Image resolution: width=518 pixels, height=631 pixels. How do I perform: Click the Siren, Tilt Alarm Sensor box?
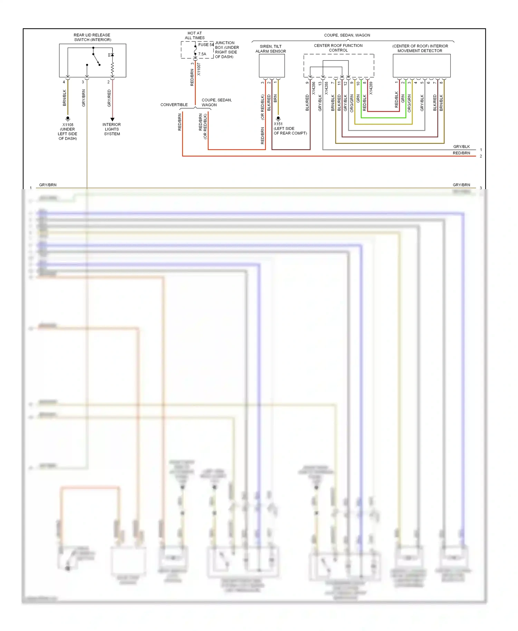point(272,66)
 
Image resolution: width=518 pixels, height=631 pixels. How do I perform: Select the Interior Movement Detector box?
point(421,66)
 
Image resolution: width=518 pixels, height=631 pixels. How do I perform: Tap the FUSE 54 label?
point(206,45)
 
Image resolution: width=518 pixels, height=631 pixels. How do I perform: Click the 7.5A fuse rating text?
point(202,54)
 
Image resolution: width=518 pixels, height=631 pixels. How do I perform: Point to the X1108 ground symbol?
point(68,118)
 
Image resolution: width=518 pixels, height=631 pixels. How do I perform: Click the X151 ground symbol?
point(278,118)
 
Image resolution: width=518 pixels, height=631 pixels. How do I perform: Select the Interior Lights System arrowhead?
point(112,119)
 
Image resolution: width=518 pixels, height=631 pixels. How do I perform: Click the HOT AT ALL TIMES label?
point(195,36)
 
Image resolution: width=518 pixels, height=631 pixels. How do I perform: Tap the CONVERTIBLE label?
point(174,105)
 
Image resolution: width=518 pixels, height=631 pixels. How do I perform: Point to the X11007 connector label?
point(199,69)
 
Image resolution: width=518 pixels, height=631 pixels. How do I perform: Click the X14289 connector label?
point(371,88)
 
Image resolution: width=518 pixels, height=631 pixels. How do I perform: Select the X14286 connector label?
point(314,88)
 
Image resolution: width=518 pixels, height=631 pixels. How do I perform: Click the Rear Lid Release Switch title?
point(92,37)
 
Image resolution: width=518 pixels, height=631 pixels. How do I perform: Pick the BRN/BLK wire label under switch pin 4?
point(65,98)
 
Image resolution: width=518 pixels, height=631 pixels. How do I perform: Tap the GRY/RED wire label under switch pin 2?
point(109,98)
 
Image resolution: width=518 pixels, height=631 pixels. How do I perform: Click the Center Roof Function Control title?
point(338,48)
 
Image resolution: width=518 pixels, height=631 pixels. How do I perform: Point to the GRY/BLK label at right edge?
point(461,147)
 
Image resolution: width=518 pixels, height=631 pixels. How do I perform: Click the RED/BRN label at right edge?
point(461,153)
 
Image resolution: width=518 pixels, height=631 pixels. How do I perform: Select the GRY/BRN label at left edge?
point(48,185)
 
